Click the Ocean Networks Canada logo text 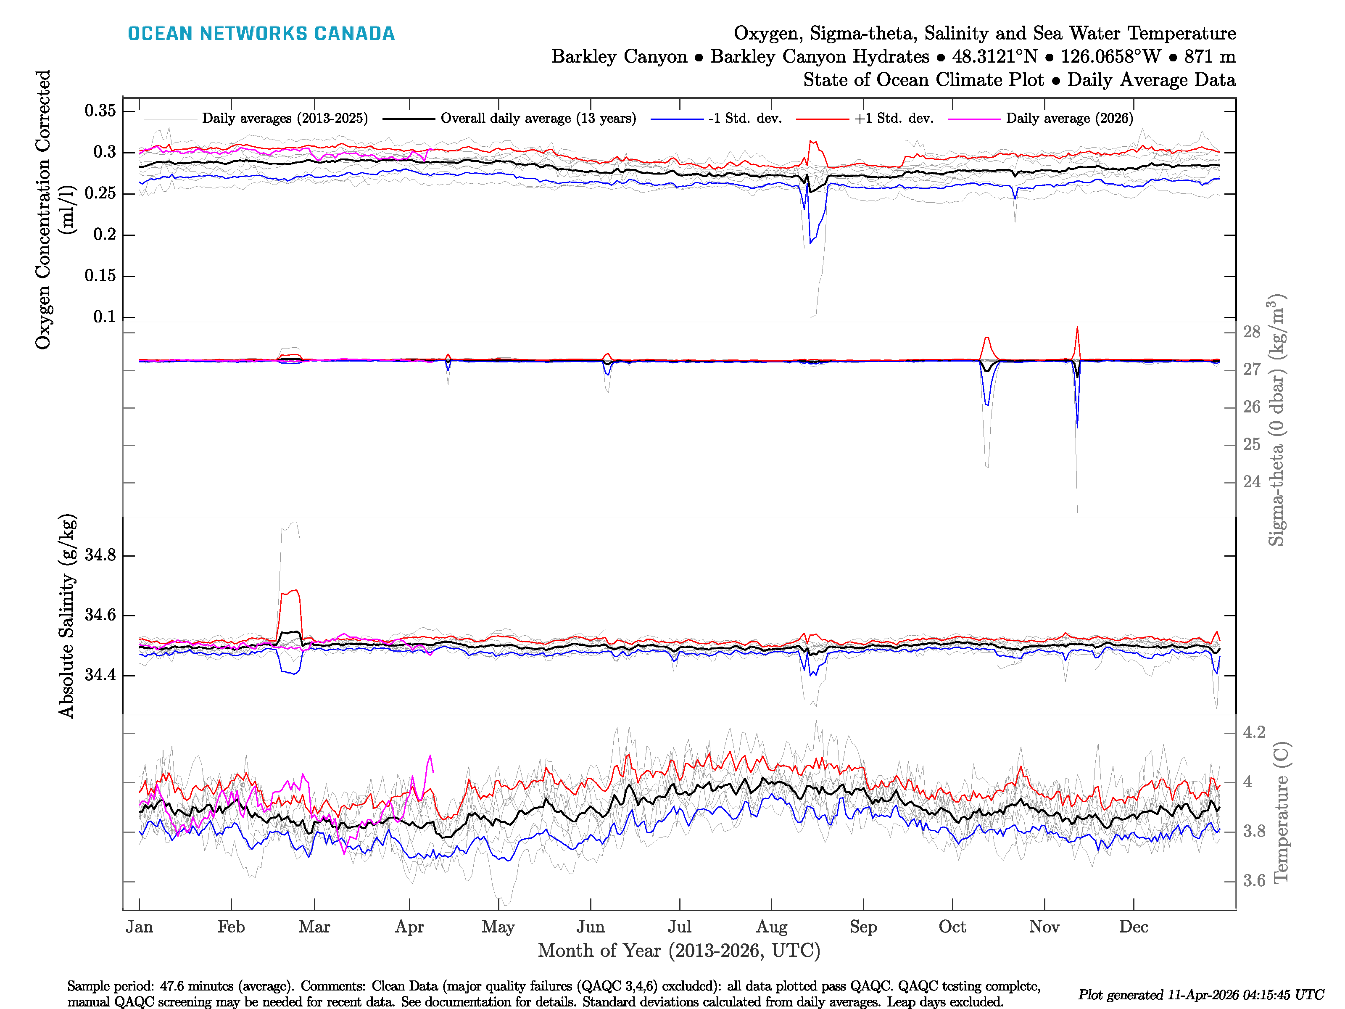[261, 34]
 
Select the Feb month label [231, 927]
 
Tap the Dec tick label [1134, 927]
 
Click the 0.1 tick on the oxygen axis [105, 317]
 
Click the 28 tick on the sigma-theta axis [1251, 332]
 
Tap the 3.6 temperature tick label [1254, 881]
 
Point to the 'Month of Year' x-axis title [678, 951]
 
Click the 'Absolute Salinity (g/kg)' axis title [66, 615]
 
